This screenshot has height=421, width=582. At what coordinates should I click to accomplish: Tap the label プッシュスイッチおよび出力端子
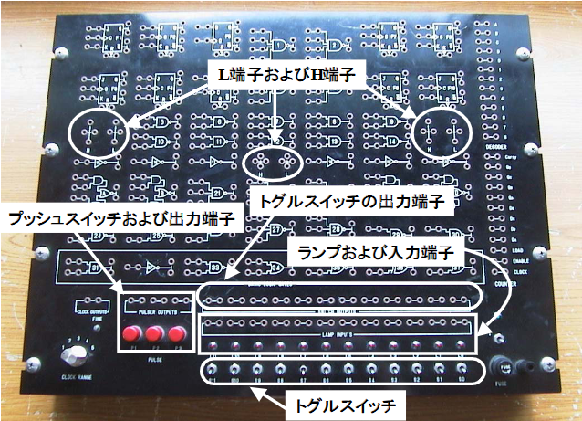[121, 218]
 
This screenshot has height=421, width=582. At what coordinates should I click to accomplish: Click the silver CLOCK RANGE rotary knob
[71, 352]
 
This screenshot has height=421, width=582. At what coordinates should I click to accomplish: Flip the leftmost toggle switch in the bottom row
[213, 368]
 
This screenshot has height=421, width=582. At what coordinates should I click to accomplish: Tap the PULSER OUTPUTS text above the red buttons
[157, 313]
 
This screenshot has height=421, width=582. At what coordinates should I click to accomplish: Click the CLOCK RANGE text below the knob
[78, 376]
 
